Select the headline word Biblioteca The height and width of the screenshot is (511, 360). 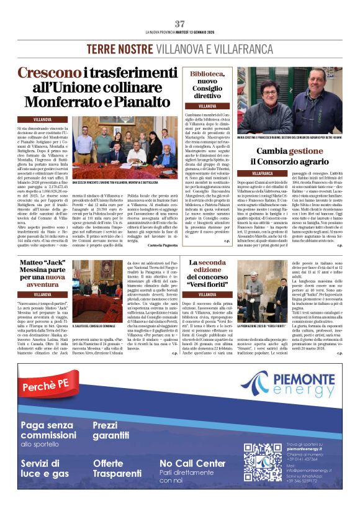(x=207, y=74)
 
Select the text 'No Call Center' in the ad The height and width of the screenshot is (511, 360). (x=192, y=463)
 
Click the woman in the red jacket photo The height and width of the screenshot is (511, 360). (x=271, y=105)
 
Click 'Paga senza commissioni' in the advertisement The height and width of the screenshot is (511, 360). (x=49, y=430)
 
